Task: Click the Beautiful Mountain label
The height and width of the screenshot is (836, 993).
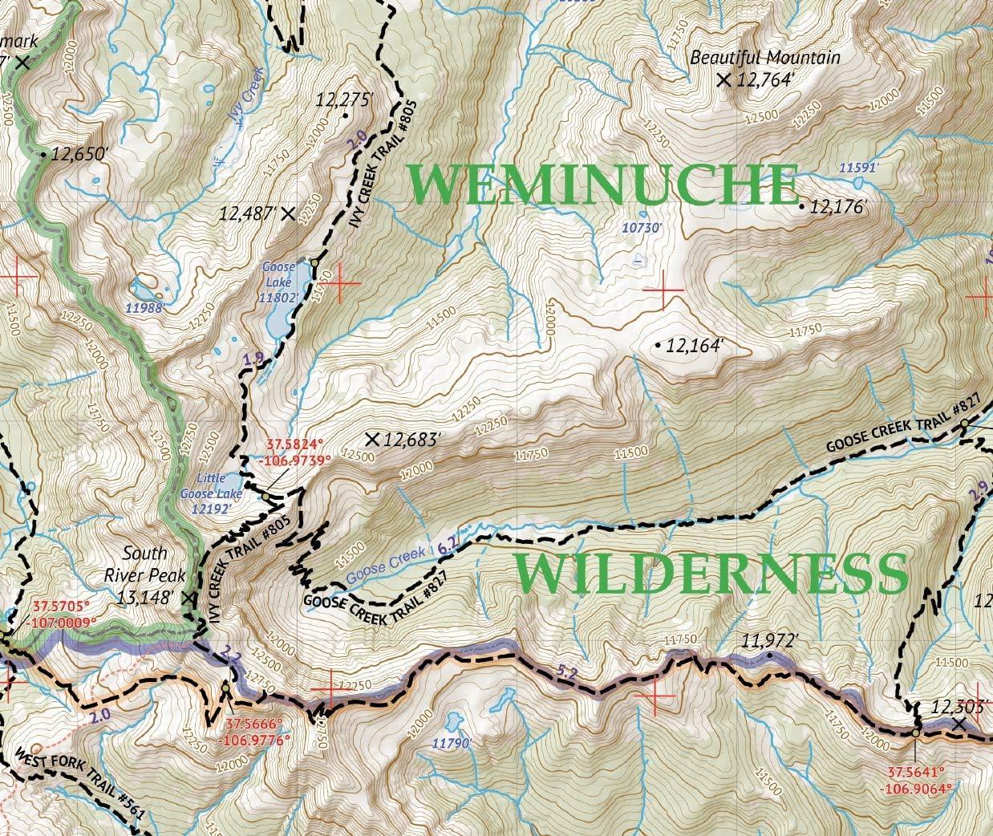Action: point(765,58)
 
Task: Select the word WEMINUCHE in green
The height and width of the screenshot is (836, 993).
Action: point(603,185)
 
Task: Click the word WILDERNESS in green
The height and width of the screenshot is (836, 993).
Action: point(706,573)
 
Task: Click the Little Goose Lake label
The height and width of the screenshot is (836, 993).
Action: point(211,493)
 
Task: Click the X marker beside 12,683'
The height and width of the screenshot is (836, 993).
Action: point(371,439)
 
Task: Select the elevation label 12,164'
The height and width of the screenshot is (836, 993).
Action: point(695,346)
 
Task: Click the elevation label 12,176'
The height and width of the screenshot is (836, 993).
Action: point(839,207)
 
